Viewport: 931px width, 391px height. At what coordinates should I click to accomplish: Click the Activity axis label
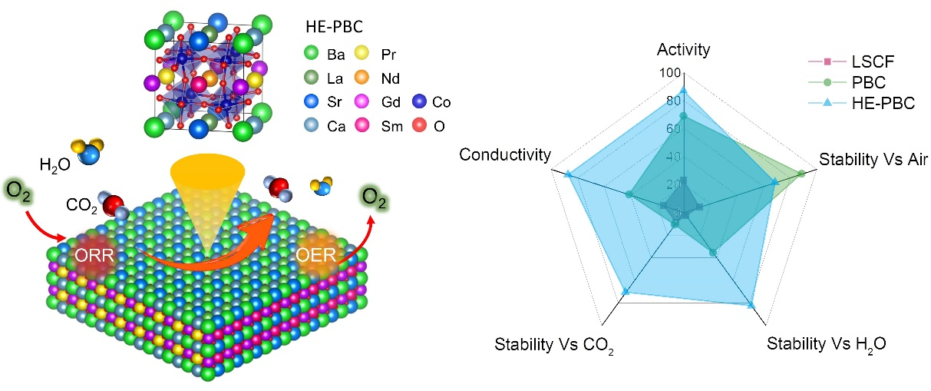683,50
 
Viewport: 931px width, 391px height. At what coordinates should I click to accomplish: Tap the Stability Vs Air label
873,160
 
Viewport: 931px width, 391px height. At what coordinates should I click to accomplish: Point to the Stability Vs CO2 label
555,344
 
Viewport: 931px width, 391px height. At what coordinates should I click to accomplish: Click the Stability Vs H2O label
827,343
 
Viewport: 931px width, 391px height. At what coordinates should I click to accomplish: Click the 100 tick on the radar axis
669,73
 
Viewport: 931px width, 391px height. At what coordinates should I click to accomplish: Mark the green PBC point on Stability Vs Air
802,174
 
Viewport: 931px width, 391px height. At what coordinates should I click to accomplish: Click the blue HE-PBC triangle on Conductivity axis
568,174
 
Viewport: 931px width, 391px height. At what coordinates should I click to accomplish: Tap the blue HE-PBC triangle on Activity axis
683,90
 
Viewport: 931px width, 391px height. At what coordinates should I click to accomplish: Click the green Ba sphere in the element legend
311,53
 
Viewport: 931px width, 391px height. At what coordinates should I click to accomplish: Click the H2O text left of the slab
56,164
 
